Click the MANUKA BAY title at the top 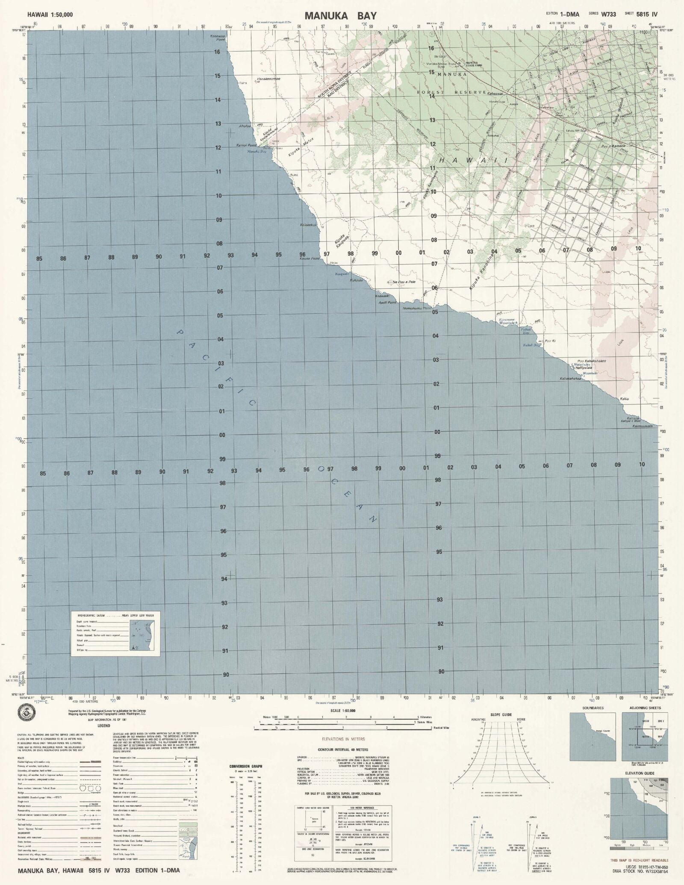pyautogui.click(x=341, y=16)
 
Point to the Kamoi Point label pyautogui.click(x=246, y=146)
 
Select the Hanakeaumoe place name pyautogui.click(x=268, y=79)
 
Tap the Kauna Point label pyautogui.click(x=310, y=259)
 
